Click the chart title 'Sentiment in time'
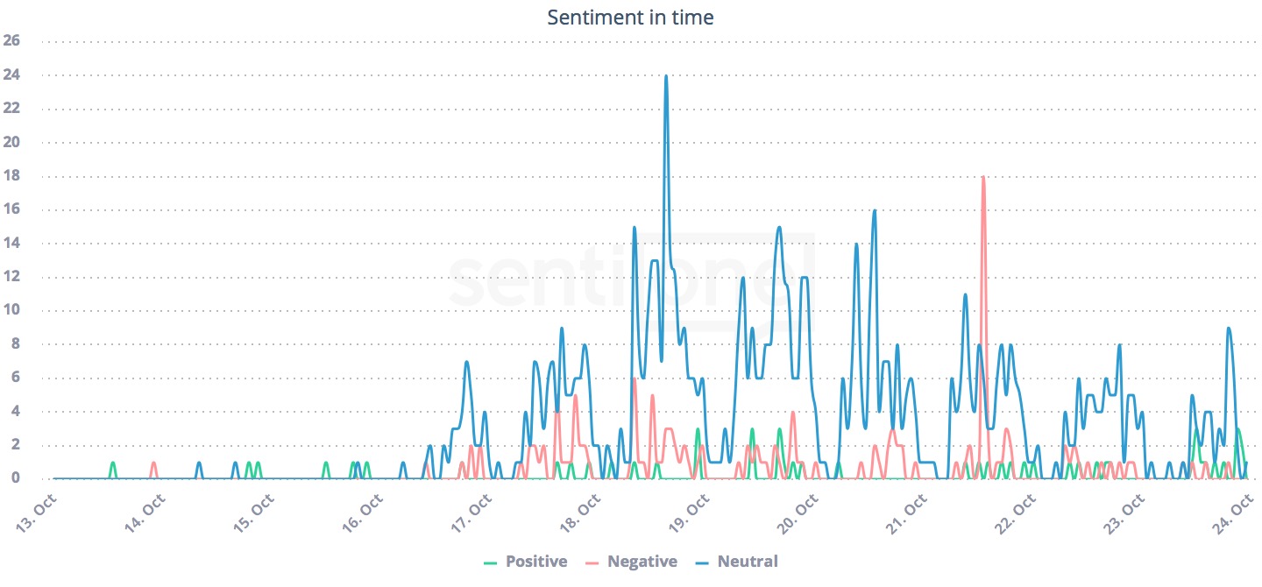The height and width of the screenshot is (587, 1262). tap(630, 17)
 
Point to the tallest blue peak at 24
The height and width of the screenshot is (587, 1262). tap(666, 77)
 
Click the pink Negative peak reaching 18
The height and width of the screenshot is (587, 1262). tap(983, 179)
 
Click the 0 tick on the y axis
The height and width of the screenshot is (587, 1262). tap(16, 478)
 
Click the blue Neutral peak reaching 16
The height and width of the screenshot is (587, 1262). tap(874, 212)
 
